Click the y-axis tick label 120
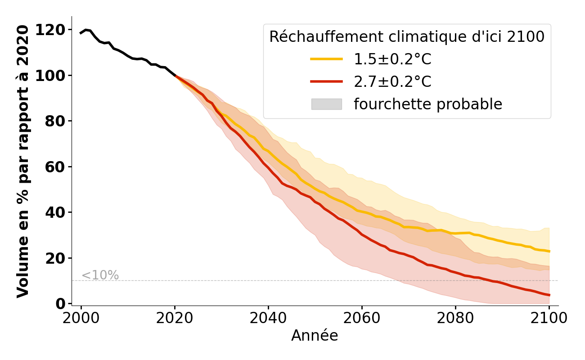click(50, 30)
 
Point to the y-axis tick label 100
click(50, 76)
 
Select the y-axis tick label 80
click(55, 121)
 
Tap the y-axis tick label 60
click(55, 167)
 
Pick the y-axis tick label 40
click(55, 212)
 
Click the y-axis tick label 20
click(55, 258)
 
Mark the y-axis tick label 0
click(60, 304)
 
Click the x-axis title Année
click(315, 336)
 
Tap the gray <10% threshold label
click(100, 275)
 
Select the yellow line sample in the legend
click(326, 59)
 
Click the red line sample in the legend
click(326, 81)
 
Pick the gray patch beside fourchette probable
click(326, 104)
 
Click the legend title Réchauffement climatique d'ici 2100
click(407, 37)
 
